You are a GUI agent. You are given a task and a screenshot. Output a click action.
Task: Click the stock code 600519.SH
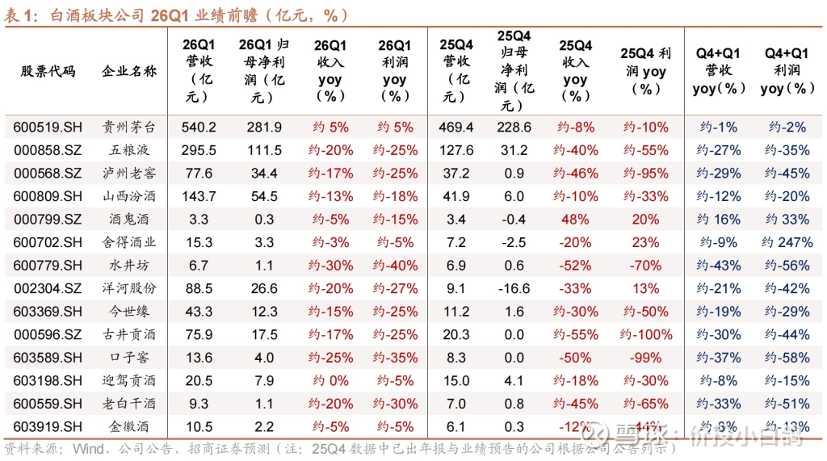point(48,128)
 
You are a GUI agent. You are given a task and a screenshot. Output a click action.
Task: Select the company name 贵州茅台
point(129,128)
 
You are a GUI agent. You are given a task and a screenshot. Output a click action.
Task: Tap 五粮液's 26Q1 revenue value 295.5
point(199,150)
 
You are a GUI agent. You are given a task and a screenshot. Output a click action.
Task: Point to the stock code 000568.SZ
point(48,174)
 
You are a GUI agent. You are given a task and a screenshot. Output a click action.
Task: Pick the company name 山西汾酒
point(129,196)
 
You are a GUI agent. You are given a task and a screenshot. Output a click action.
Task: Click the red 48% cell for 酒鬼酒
point(575,219)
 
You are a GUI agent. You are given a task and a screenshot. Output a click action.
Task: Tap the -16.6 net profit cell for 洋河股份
point(514,288)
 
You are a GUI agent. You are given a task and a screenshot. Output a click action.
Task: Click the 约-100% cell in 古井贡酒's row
point(645,334)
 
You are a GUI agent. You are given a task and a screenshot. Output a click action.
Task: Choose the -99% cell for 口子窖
point(645,358)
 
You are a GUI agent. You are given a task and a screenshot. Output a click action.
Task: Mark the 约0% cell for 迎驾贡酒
point(330,380)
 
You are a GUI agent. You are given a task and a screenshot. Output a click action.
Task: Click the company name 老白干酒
point(129,404)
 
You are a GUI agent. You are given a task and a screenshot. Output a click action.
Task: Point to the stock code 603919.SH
point(48,426)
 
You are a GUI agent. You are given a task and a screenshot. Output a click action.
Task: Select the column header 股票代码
point(48,72)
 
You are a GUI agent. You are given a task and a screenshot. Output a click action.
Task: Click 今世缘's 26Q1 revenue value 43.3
point(199,312)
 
